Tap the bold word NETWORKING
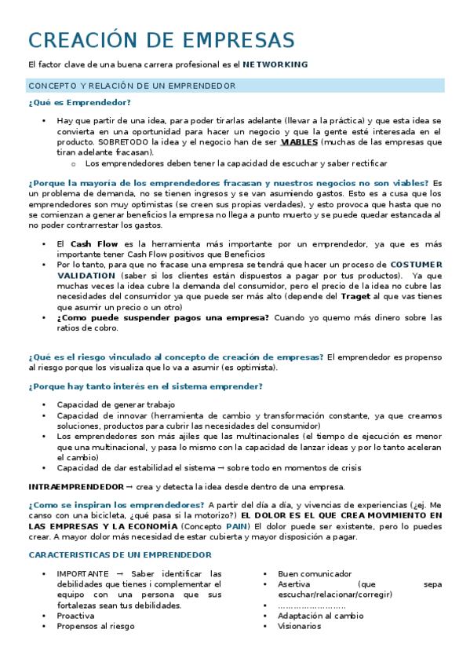275,64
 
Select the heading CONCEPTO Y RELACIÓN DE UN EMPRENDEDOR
132,86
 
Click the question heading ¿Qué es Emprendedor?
79,103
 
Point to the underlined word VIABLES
299,142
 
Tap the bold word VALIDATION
85,276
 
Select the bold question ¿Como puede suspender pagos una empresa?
162,317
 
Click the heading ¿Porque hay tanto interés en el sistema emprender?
145,386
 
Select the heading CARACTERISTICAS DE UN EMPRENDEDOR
120,554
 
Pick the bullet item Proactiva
75,616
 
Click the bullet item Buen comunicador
315,574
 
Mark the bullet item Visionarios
299,626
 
